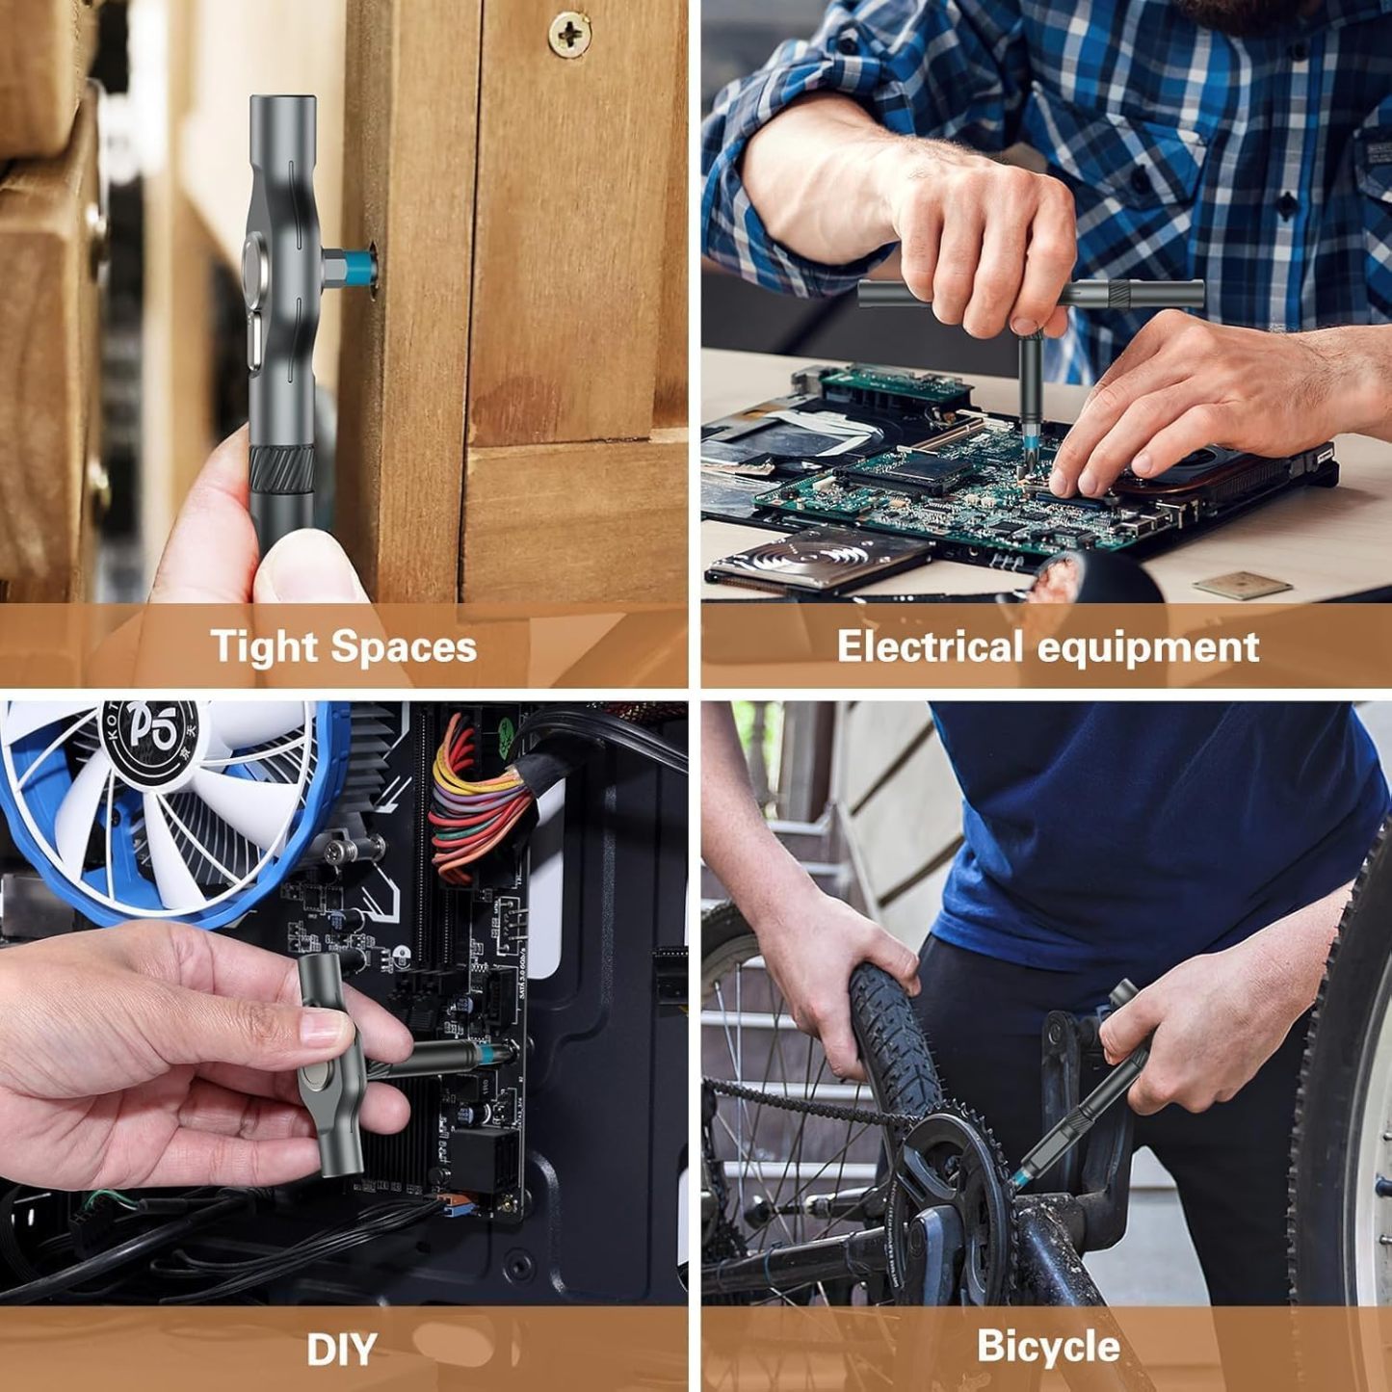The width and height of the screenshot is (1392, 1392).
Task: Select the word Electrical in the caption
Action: click(929, 645)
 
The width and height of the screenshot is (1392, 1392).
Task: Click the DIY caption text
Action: click(341, 1350)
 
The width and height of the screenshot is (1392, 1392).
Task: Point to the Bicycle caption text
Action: click(1047, 1346)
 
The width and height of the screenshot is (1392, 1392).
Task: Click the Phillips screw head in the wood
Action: click(570, 35)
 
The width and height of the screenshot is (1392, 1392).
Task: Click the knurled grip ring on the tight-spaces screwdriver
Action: click(282, 469)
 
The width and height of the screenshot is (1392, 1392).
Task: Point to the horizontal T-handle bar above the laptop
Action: click(1031, 293)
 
